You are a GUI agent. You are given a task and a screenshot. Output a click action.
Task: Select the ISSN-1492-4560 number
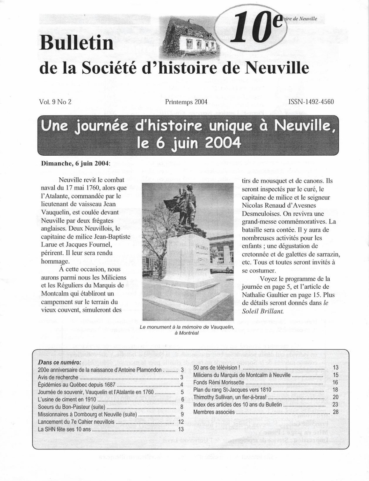coord(311,102)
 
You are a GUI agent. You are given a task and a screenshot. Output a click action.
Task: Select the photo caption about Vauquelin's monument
coord(186,330)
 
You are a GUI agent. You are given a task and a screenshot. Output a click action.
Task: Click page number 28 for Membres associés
coord(335,412)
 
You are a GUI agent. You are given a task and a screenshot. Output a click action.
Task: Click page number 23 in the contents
coord(335,404)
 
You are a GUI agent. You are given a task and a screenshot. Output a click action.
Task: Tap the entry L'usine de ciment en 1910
coord(67,399)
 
